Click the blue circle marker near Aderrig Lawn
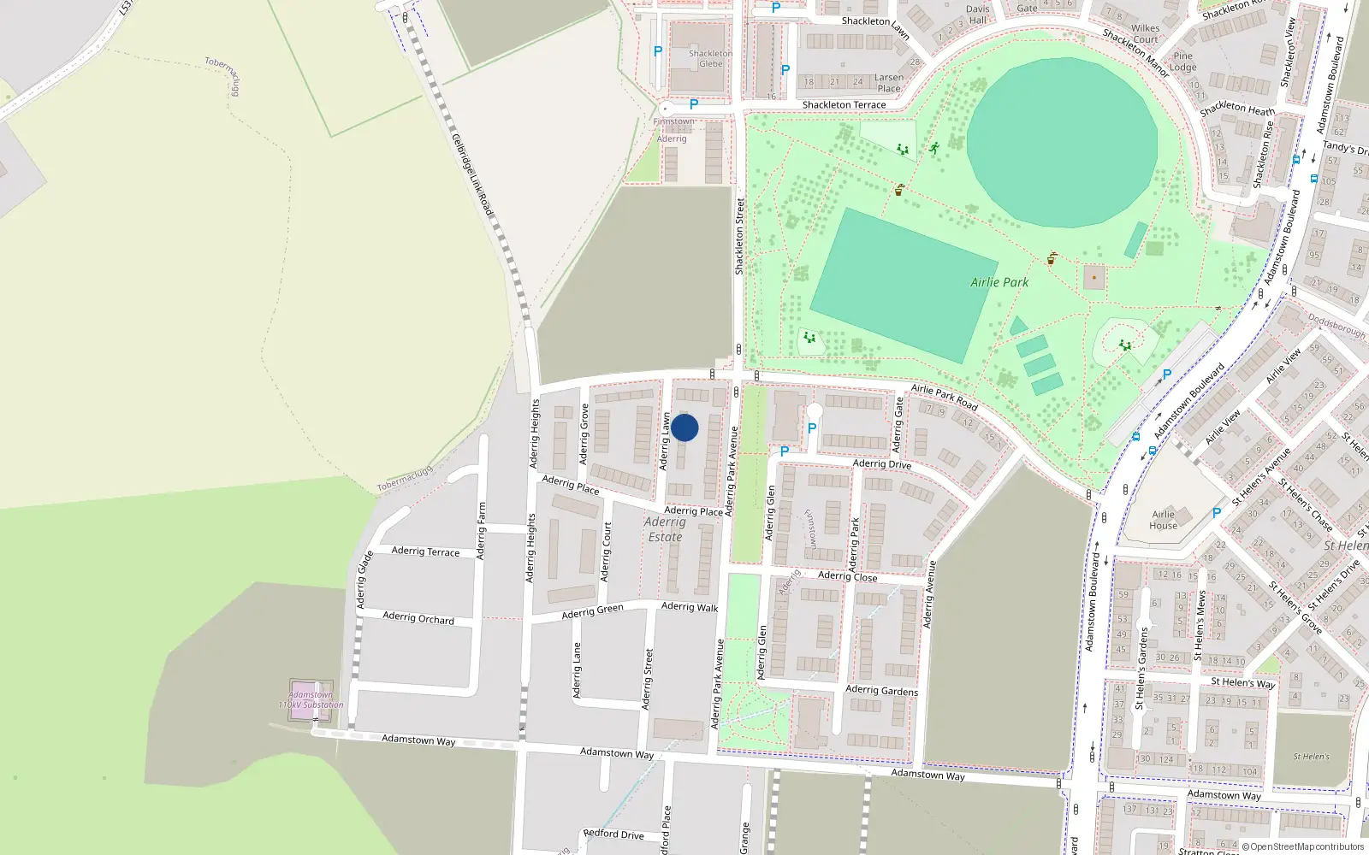click(684, 427)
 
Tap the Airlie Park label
click(999, 282)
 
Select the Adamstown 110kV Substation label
click(311, 700)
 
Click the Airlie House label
click(1163, 520)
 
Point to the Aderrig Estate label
click(665, 529)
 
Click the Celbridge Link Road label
click(472, 174)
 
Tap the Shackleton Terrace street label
click(844, 105)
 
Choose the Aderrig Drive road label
click(882, 464)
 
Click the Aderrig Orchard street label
click(418, 617)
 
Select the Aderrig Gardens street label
click(881, 690)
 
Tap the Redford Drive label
click(613, 834)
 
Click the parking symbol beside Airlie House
click(1216, 513)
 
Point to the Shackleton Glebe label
click(710, 58)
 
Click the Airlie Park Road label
click(944, 396)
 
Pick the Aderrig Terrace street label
click(425, 551)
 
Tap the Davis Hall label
click(977, 15)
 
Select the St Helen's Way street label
click(1242, 682)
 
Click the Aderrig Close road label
click(847, 576)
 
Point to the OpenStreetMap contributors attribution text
click(1302, 847)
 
